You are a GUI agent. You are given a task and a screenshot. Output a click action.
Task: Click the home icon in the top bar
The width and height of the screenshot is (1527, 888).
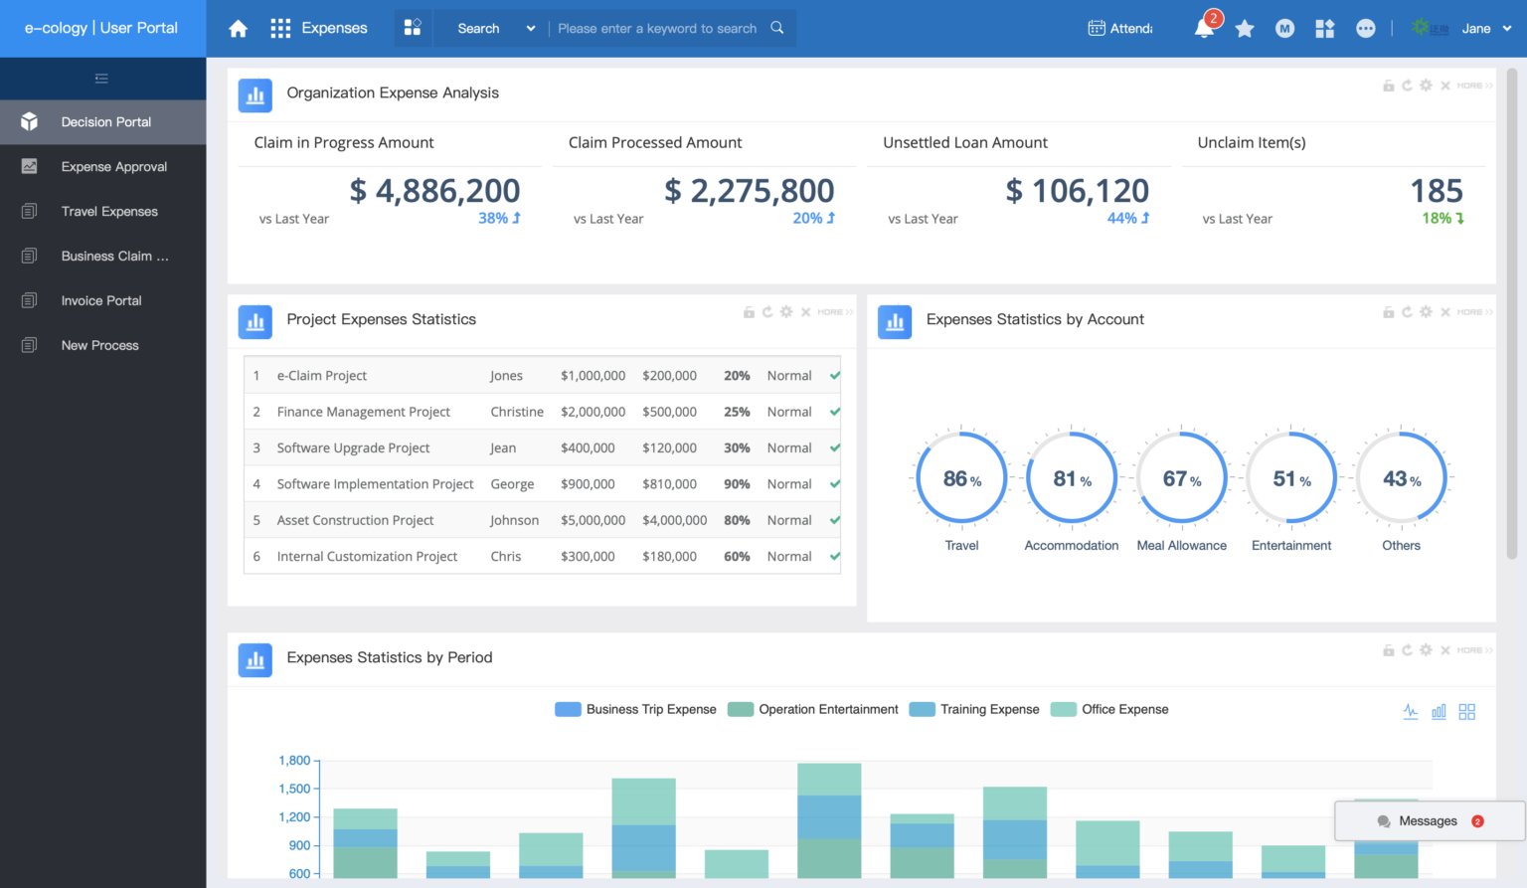(238, 29)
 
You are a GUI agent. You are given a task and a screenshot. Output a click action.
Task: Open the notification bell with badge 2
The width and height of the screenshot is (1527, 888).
(1204, 28)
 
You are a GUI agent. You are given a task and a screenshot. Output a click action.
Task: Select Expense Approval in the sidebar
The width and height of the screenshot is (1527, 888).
(113, 167)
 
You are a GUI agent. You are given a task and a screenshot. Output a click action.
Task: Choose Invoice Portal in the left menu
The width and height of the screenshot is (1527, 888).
(101, 300)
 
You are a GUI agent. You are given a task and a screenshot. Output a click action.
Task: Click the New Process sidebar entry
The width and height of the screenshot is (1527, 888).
(99, 345)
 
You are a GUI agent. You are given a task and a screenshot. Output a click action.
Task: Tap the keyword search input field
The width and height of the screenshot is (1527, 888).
(657, 29)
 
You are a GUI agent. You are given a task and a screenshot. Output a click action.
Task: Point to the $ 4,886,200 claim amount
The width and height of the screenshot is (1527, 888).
(434, 191)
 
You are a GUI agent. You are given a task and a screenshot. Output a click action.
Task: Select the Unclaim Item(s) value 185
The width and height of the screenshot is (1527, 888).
(1436, 191)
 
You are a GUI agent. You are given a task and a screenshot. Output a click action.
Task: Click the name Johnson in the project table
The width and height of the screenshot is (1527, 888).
(514, 520)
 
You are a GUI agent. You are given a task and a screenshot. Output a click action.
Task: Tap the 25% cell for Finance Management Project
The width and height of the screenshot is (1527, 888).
(737, 412)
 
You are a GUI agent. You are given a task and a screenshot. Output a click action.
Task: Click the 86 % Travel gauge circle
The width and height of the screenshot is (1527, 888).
(961, 479)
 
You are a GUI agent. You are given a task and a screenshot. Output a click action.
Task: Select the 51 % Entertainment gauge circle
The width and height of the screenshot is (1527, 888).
(1291, 479)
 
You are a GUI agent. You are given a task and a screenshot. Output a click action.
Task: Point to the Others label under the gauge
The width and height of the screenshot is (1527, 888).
(1401, 546)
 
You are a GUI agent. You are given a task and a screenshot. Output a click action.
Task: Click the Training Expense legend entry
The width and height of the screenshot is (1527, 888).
(974, 709)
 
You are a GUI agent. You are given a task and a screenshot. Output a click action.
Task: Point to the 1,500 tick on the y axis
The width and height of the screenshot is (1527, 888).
(294, 789)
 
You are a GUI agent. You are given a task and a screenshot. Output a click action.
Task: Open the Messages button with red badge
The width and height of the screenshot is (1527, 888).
(1429, 821)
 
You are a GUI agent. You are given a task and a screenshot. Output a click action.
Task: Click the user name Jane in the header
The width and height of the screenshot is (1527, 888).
(1475, 29)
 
